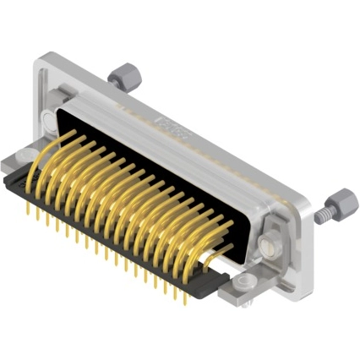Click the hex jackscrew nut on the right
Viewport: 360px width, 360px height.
click(x=336, y=201)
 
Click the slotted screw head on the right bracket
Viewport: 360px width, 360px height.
click(x=268, y=246)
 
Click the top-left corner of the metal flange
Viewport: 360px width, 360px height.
click(x=38, y=57)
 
